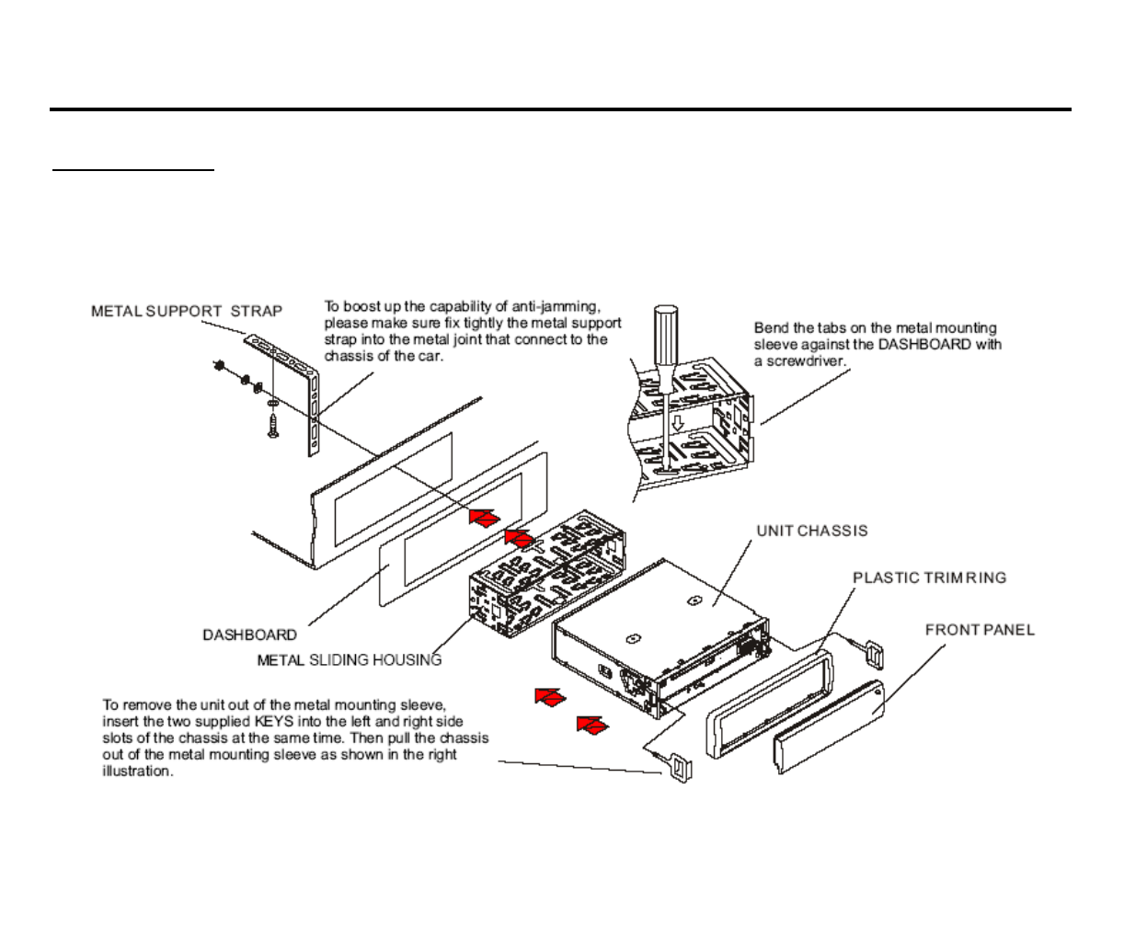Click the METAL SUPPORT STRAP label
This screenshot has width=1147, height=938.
click(187, 311)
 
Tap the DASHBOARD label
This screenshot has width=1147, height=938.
click(249, 635)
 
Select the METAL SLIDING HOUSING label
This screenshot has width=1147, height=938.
click(349, 659)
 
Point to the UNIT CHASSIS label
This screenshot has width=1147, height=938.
click(811, 531)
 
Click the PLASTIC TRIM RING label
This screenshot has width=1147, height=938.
click(929, 578)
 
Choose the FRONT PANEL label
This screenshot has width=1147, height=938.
click(980, 630)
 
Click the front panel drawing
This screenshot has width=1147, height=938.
click(829, 726)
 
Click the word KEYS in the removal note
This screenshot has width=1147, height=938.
click(274, 722)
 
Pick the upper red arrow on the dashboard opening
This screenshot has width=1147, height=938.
click(484, 518)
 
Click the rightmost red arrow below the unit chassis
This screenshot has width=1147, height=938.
click(592, 725)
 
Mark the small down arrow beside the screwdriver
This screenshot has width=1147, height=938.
click(678, 423)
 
